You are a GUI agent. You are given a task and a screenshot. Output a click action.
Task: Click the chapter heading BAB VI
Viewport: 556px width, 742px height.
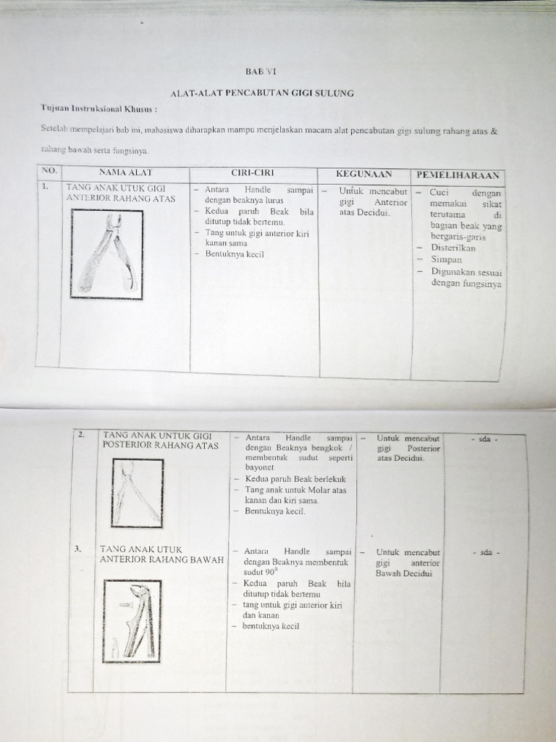tap(261, 71)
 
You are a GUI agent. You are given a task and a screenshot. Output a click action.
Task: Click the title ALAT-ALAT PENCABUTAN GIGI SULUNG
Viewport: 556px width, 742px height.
tap(262, 94)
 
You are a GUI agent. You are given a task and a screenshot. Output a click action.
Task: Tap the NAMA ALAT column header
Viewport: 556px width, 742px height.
tap(124, 173)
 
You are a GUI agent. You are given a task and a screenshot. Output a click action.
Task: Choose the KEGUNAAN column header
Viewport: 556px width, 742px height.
tap(363, 175)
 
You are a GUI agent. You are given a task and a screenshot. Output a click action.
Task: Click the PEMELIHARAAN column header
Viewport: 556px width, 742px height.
tap(458, 175)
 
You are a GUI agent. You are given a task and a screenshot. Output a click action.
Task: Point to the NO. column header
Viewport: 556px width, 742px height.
tap(49, 171)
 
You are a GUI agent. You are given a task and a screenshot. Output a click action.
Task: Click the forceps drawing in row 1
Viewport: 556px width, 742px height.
tap(107, 254)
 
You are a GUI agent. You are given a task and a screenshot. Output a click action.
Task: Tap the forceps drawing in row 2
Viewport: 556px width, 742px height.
tap(138, 492)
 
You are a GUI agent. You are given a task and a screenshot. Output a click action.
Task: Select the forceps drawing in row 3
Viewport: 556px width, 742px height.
tap(132, 621)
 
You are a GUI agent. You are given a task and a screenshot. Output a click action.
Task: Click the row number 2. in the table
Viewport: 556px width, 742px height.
tap(83, 435)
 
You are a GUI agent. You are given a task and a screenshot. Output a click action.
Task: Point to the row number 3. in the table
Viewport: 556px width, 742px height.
tap(78, 549)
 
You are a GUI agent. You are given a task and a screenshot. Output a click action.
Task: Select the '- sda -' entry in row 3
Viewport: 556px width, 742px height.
tap(484, 552)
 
